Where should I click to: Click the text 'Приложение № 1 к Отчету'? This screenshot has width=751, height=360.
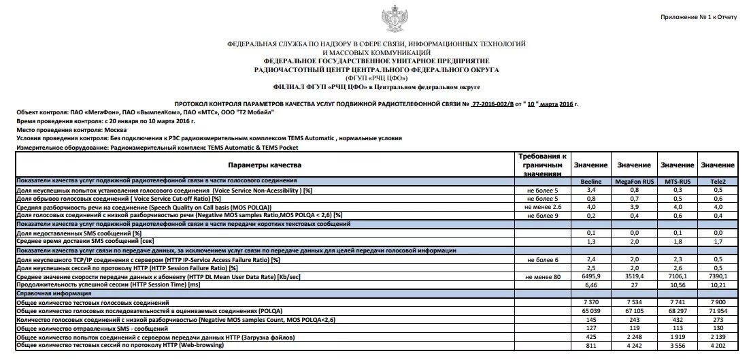click(x=697, y=16)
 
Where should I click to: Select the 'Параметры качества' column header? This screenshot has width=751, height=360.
click(x=265, y=165)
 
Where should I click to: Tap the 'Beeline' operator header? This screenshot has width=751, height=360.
click(x=590, y=182)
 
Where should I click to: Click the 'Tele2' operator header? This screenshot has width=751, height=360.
click(x=718, y=182)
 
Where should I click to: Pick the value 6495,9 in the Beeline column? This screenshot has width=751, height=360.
click(x=590, y=277)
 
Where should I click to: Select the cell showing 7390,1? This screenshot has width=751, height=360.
click(x=718, y=277)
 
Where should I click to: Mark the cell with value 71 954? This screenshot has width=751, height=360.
click(x=718, y=310)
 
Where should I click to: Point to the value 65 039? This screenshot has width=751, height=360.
click(x=590, y=310)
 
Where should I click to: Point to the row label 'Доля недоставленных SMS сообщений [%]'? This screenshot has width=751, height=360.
click(x=79, y=233)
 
